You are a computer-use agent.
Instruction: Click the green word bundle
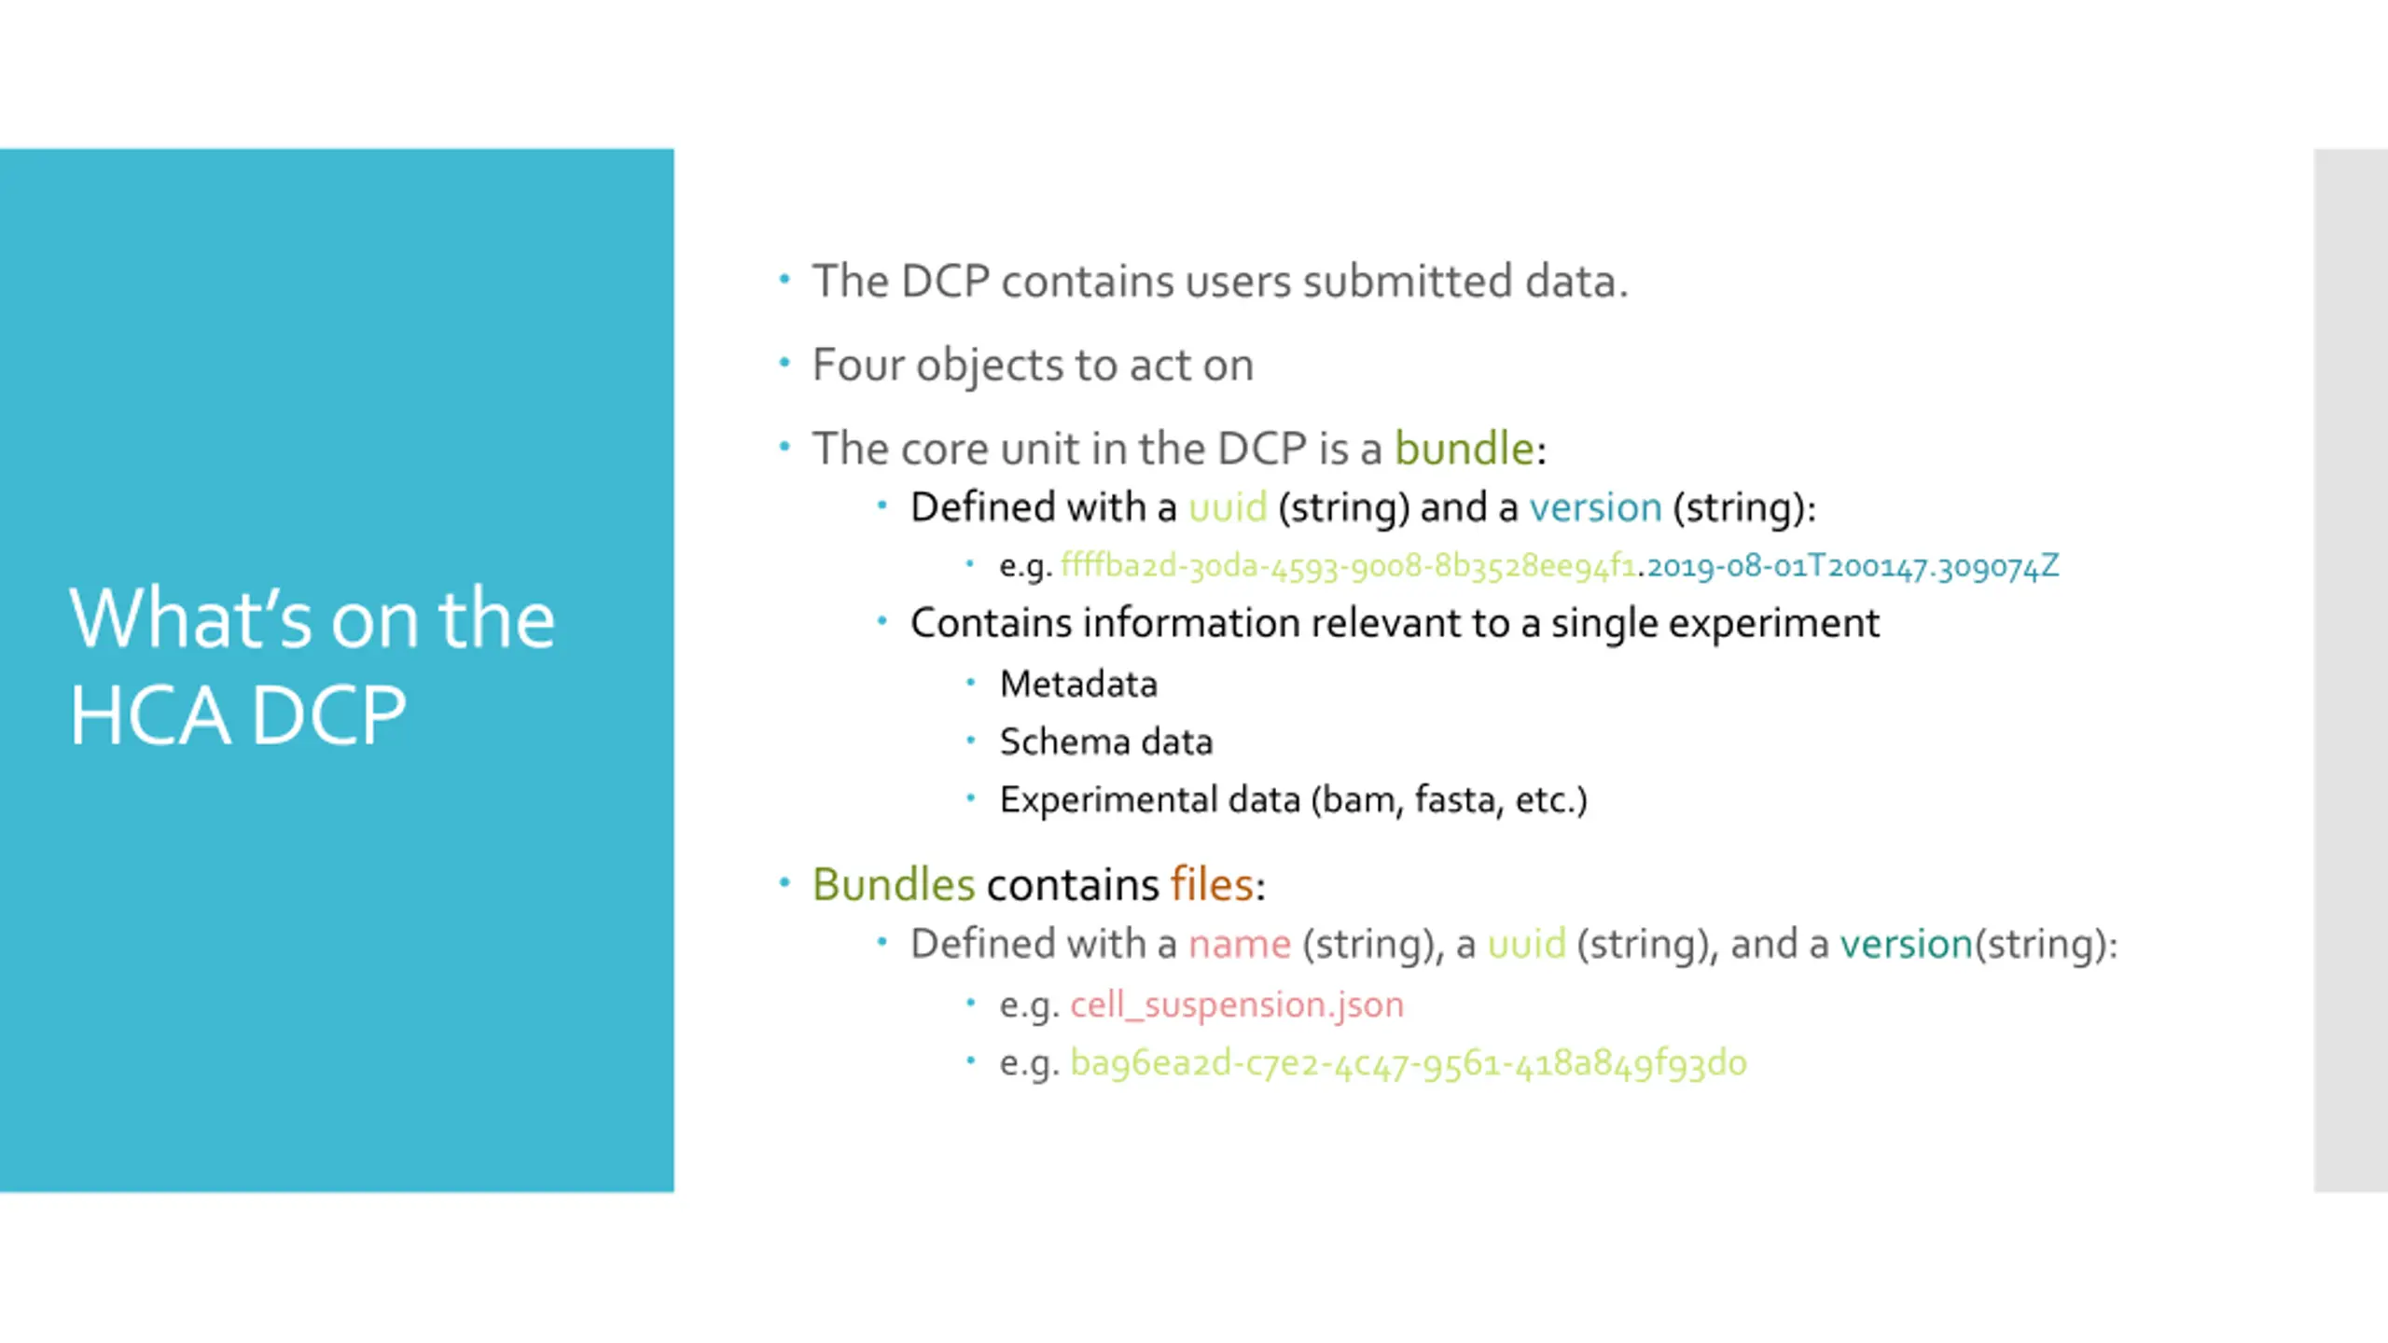coord(1464,449)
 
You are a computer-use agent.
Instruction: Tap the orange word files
coord(1212,884)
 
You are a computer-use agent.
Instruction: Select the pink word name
coord(1240,944)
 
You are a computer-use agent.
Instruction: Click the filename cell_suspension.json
coord(1236,1004)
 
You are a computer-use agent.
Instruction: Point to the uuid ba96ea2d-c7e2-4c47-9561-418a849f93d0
coord(1408,1063)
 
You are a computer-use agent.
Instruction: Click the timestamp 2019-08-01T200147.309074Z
coord(1853,566)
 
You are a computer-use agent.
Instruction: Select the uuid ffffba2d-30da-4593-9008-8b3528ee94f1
coord(1348,566)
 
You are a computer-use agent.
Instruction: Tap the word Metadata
coord(1078,685)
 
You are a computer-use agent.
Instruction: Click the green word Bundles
coord(893,884)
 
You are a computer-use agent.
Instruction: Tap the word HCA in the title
coord(150,716)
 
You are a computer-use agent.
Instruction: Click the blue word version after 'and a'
coord(1595,507)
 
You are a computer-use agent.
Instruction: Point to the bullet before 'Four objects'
coord(784,363)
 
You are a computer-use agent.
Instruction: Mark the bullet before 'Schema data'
coord(970,741)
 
